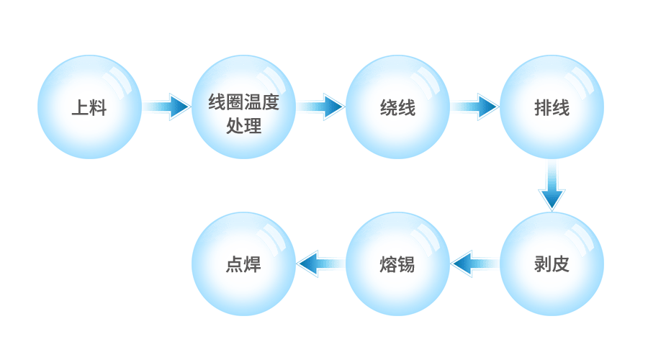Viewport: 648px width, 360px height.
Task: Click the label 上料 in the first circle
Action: pos(89,109)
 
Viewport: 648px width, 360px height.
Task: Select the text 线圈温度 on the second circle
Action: pos(243,102)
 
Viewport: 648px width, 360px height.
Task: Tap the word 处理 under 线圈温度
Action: pos(243,126)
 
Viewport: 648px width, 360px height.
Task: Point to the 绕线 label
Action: pos(397,109)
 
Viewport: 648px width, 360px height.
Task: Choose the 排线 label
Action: pos(552,109)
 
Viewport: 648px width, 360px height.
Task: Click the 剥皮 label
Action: pos(552,264)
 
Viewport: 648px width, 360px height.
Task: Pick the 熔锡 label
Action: pos(397,264)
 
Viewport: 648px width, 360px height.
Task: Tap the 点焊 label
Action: pos(243,264)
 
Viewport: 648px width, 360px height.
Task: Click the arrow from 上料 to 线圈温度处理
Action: pos(166,107)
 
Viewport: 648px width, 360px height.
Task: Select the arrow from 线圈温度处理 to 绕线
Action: pos(320,107)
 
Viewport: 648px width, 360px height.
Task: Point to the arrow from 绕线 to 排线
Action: pos(474,107)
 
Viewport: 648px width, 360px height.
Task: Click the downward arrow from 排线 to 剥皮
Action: pos(552,185)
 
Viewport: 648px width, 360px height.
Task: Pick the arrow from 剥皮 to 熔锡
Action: pos(475,264)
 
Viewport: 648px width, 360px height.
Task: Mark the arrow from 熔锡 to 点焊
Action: pos(321,264)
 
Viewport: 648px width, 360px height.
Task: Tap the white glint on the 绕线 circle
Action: pos(426,83)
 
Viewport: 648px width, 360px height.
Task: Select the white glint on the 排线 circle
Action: pos(580,83)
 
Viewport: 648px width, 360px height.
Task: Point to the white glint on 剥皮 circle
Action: pos(580,238)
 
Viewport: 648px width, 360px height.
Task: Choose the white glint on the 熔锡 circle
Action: pos(426,238)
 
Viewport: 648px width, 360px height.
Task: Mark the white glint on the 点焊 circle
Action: pos(272,238)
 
